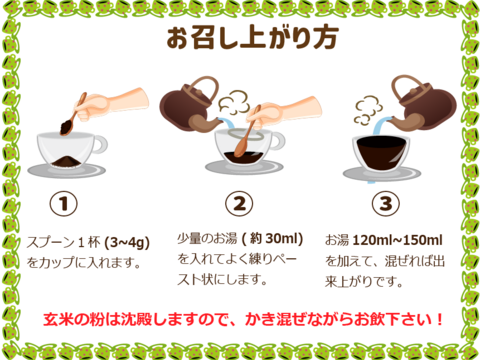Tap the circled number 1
[x=65, y=205]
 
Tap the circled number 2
[x=237, y=205]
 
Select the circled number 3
[x=385, y=205]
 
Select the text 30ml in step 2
[x=282, y=238]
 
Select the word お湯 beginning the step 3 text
[x=338, y=240]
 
